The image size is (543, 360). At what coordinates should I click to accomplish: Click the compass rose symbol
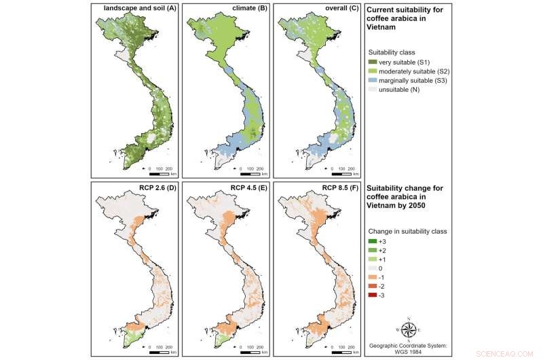point(409,329)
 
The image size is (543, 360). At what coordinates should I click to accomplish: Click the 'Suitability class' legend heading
point(397,52)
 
